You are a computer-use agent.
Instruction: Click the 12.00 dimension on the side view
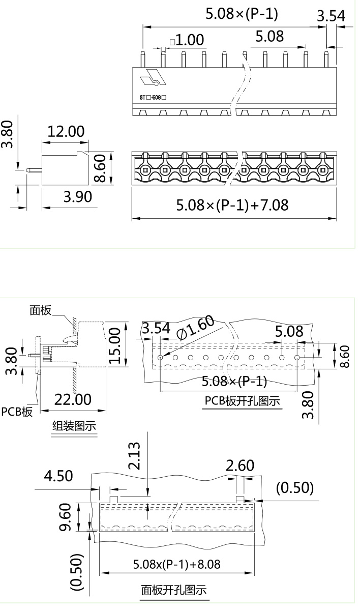(x=66, y=131)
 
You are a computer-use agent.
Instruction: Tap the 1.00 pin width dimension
(x=187, y=40)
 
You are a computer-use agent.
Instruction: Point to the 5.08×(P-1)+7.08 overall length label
(x=232, y=205)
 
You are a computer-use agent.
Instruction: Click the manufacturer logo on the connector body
(x=153, y=77)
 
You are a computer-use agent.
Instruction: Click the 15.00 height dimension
(x=115, y=345)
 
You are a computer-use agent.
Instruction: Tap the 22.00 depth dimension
(x=73, y=399)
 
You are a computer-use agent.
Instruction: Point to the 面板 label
(x=41, y=310)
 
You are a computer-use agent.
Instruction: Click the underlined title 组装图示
(x=74, y=426)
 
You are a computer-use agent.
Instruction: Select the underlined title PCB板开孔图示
(x=243, y=400)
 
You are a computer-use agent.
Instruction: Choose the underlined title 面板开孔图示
(x=174, y=590)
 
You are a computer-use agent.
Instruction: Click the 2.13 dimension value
(x=134, y=456)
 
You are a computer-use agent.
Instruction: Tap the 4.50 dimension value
(x=58, y=476)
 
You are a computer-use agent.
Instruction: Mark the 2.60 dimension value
(x=240, y=466)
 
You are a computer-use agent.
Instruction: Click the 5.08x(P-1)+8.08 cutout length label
(x=176, y=564)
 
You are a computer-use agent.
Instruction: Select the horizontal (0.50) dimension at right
(x=295, y=488)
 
